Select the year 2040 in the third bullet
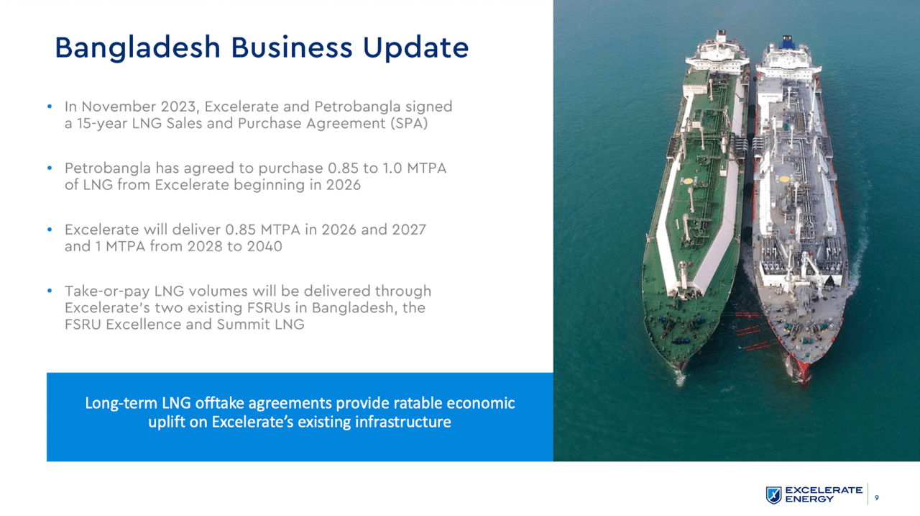pyautogui.click(x=265, y=246)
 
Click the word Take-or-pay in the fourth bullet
pyautogui.click(x=103, y=291)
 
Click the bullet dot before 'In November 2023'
pyautogui.click(x=50, y=107)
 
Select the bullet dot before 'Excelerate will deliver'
pyautogui.click(x=50, y=230)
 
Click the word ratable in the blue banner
pyautogui.click(x=416, y=403)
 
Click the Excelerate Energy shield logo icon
pyautogui.click(x=773, y=494)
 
